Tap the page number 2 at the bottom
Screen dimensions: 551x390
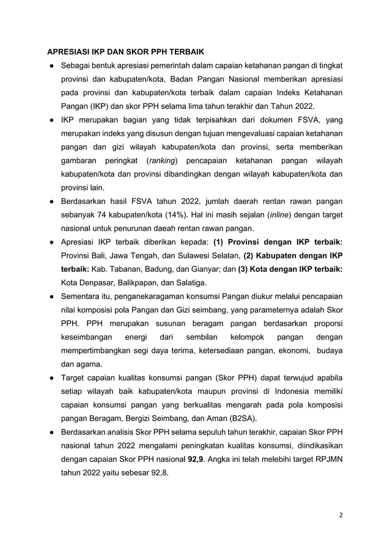341,514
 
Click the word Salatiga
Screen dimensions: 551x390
189,283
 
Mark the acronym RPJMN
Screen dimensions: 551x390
326,458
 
